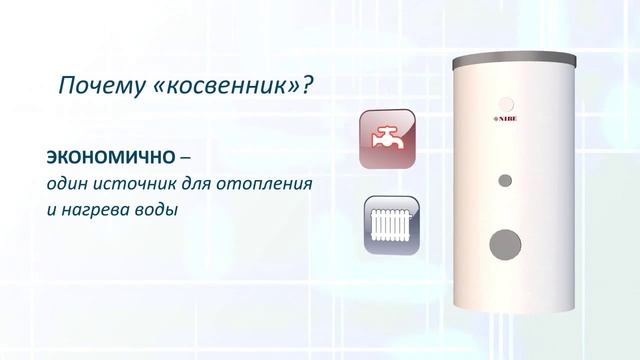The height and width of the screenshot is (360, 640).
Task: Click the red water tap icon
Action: [x=386, y=139]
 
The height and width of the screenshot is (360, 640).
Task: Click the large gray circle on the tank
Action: [x=510, y=243]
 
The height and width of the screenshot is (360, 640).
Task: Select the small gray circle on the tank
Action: [x=504, y=181]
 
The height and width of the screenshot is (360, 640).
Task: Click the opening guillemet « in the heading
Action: [x=161, y=86]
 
